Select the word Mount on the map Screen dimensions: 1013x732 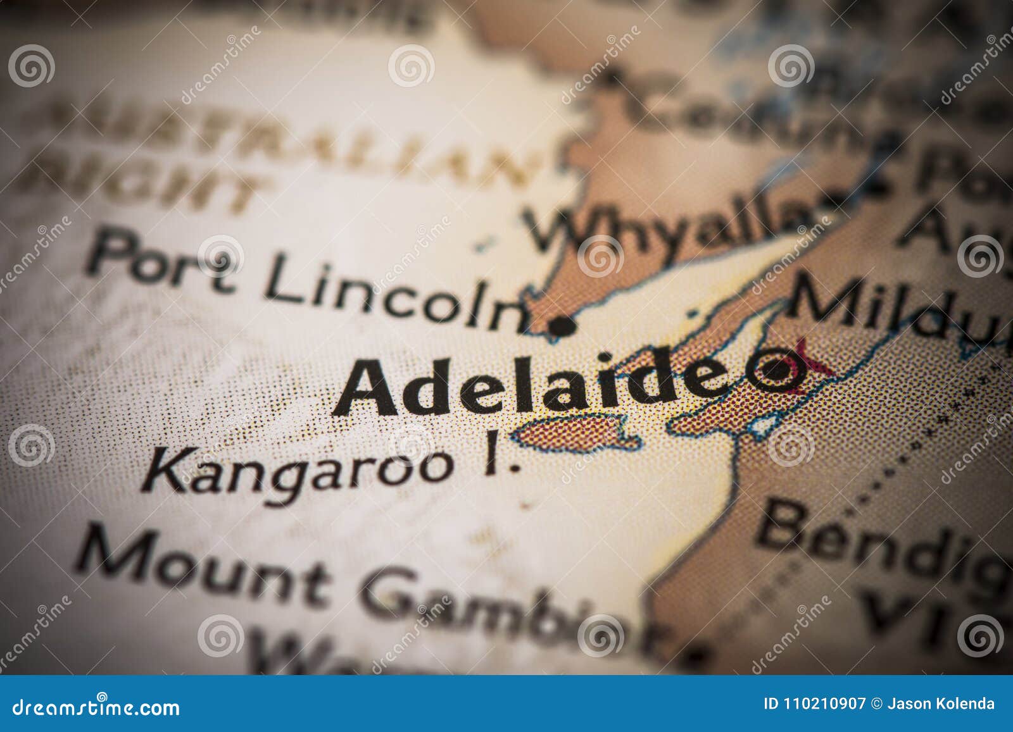coord(203,574)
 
